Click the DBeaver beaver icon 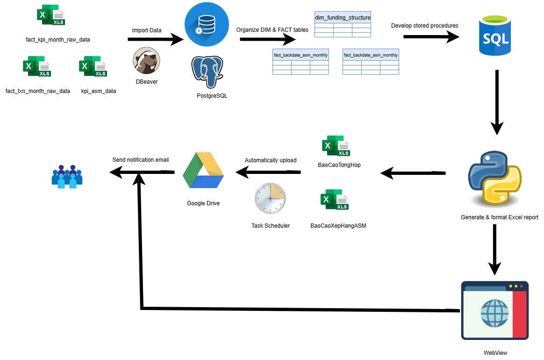point(146,61)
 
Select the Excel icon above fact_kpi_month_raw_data point(51,15)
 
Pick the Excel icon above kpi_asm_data point(93,66)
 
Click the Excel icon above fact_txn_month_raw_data point(36,66)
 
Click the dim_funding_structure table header point(343,18)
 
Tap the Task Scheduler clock point(270,199)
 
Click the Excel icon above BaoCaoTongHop point(336,146)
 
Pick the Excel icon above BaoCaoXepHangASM point(335,200)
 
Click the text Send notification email point(140,160)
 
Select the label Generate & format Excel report point(499,217)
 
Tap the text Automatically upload point(270,160)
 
